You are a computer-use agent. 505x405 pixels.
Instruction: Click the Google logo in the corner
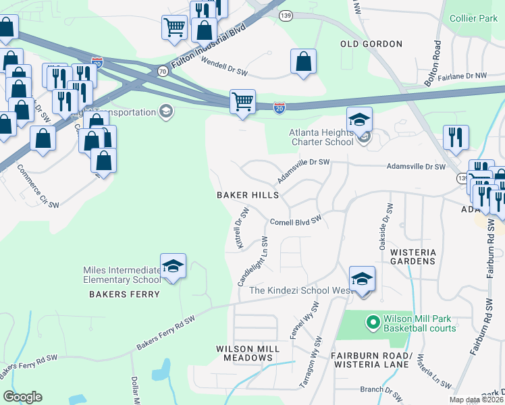(x=22, y=397)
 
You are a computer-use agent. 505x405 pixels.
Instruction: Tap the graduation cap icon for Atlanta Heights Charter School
(x=360, y=120)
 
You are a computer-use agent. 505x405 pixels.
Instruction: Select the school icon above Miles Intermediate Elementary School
(x=173, y=266)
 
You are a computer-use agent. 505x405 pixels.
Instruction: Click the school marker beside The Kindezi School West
(x=362, y=278)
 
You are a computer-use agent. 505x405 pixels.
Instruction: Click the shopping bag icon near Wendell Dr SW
(x=304, y=61)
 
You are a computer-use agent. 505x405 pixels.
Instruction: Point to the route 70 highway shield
(x=162, y=70)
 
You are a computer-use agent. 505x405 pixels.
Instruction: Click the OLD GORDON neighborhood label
(x=371, y=44)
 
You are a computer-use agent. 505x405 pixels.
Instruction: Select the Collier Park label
(x=473, y=19)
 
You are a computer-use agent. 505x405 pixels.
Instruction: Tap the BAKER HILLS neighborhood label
(x=248, y=195)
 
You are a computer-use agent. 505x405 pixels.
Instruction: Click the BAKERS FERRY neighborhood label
(x=125, y=294)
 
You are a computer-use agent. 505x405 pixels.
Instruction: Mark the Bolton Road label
(x=432, y=62)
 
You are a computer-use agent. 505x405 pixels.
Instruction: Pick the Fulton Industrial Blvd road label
(x=211, y=43)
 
